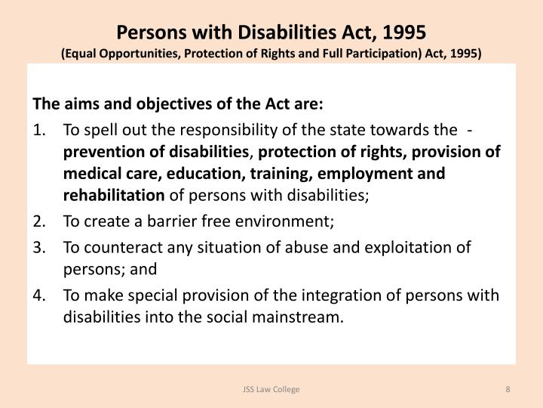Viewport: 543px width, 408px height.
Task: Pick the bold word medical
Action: [88, 174]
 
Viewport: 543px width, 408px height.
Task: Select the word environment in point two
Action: [287, 222]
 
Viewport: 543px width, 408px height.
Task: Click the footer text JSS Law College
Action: [271, 388]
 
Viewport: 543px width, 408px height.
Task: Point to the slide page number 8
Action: [508, 388]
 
